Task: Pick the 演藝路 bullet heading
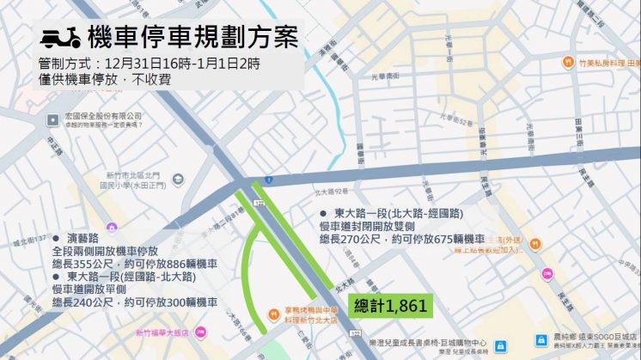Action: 82,235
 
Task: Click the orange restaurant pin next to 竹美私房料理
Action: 568,63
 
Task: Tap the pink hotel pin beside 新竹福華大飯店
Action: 199,331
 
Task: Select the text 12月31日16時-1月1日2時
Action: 180,64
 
